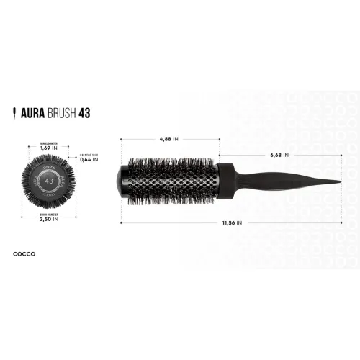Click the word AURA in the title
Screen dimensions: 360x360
(31, 113)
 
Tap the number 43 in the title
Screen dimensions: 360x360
(84, 113)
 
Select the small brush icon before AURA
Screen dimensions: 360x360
(15, 113)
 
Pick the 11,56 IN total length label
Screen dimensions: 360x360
(230, 223)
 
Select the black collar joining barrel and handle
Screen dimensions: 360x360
(225, 180)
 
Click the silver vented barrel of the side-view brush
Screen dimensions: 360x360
(173, 180)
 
